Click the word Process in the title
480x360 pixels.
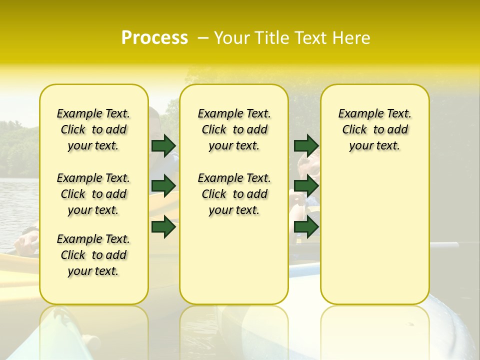tap(154, 38)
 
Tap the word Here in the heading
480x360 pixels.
tap(352, 38)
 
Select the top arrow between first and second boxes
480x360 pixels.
tap(163, 145)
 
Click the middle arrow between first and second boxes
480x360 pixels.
tap(163, 186)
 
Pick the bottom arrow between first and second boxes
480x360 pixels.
tap(163, 226)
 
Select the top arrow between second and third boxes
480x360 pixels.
tap(306, 145)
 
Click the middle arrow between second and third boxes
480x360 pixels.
tap(306, 186)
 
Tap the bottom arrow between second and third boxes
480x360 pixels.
tap(306, 226)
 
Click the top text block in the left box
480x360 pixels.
tap(93, 129)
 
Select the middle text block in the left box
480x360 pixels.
tap(93, 194)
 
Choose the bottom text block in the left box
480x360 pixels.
tap(93, 255)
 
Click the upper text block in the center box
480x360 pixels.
tap(234, 129)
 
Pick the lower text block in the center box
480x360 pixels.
tap(234, 194)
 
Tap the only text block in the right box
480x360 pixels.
tap(374, 129)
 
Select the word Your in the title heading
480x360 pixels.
tap(229, 38)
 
